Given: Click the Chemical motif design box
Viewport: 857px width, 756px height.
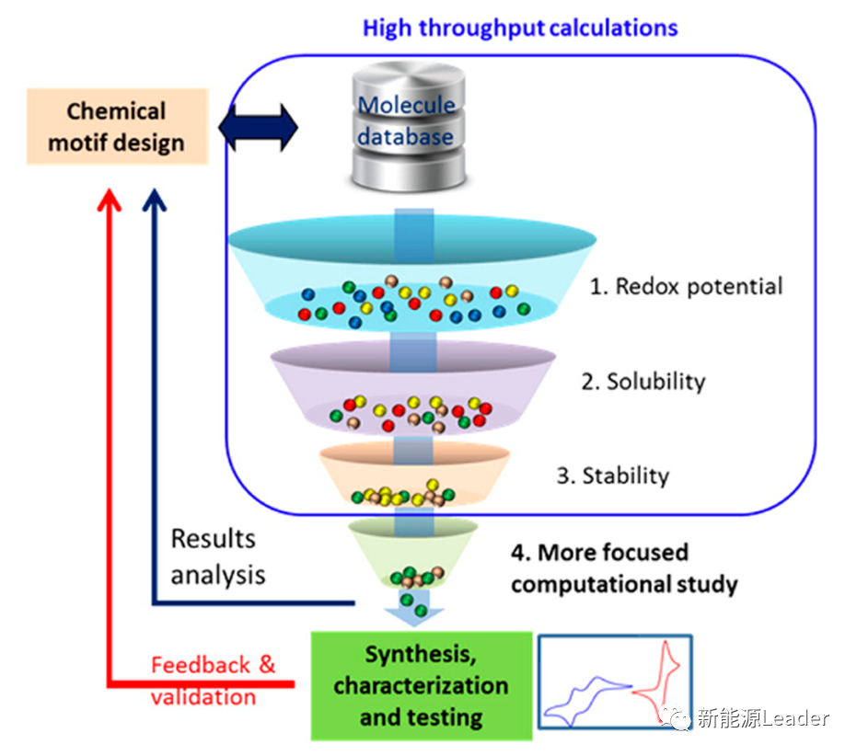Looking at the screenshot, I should (117, 127).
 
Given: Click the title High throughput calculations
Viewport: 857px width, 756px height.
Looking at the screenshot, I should (520, 28).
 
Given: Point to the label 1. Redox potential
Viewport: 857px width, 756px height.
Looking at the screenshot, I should (686, 286).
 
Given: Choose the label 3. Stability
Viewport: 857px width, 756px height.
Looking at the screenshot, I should (613, 475).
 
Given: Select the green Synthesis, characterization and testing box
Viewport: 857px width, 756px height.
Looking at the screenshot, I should (421, 685).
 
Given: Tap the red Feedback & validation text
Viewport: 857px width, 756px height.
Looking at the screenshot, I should (213, 680).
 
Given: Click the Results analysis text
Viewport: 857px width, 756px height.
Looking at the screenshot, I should (217, 556).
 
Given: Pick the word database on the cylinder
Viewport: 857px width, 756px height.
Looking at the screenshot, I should (406, 138).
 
